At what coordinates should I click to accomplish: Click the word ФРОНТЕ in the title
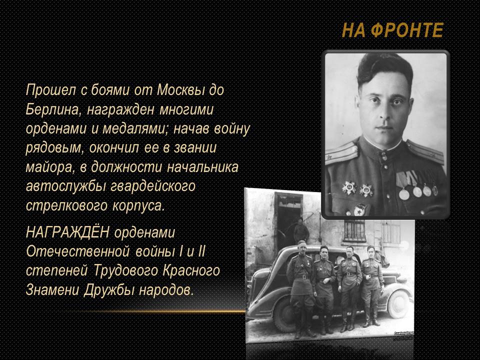tap(406, 30)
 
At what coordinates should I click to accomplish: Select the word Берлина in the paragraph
tap(52, 109)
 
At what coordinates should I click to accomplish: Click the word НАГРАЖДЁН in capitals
tap(67, 232)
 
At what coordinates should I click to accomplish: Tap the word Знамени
tap(52, 290)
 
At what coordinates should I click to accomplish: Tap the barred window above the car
tap(354, 230)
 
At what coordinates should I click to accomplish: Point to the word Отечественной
tap(78, 251)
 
